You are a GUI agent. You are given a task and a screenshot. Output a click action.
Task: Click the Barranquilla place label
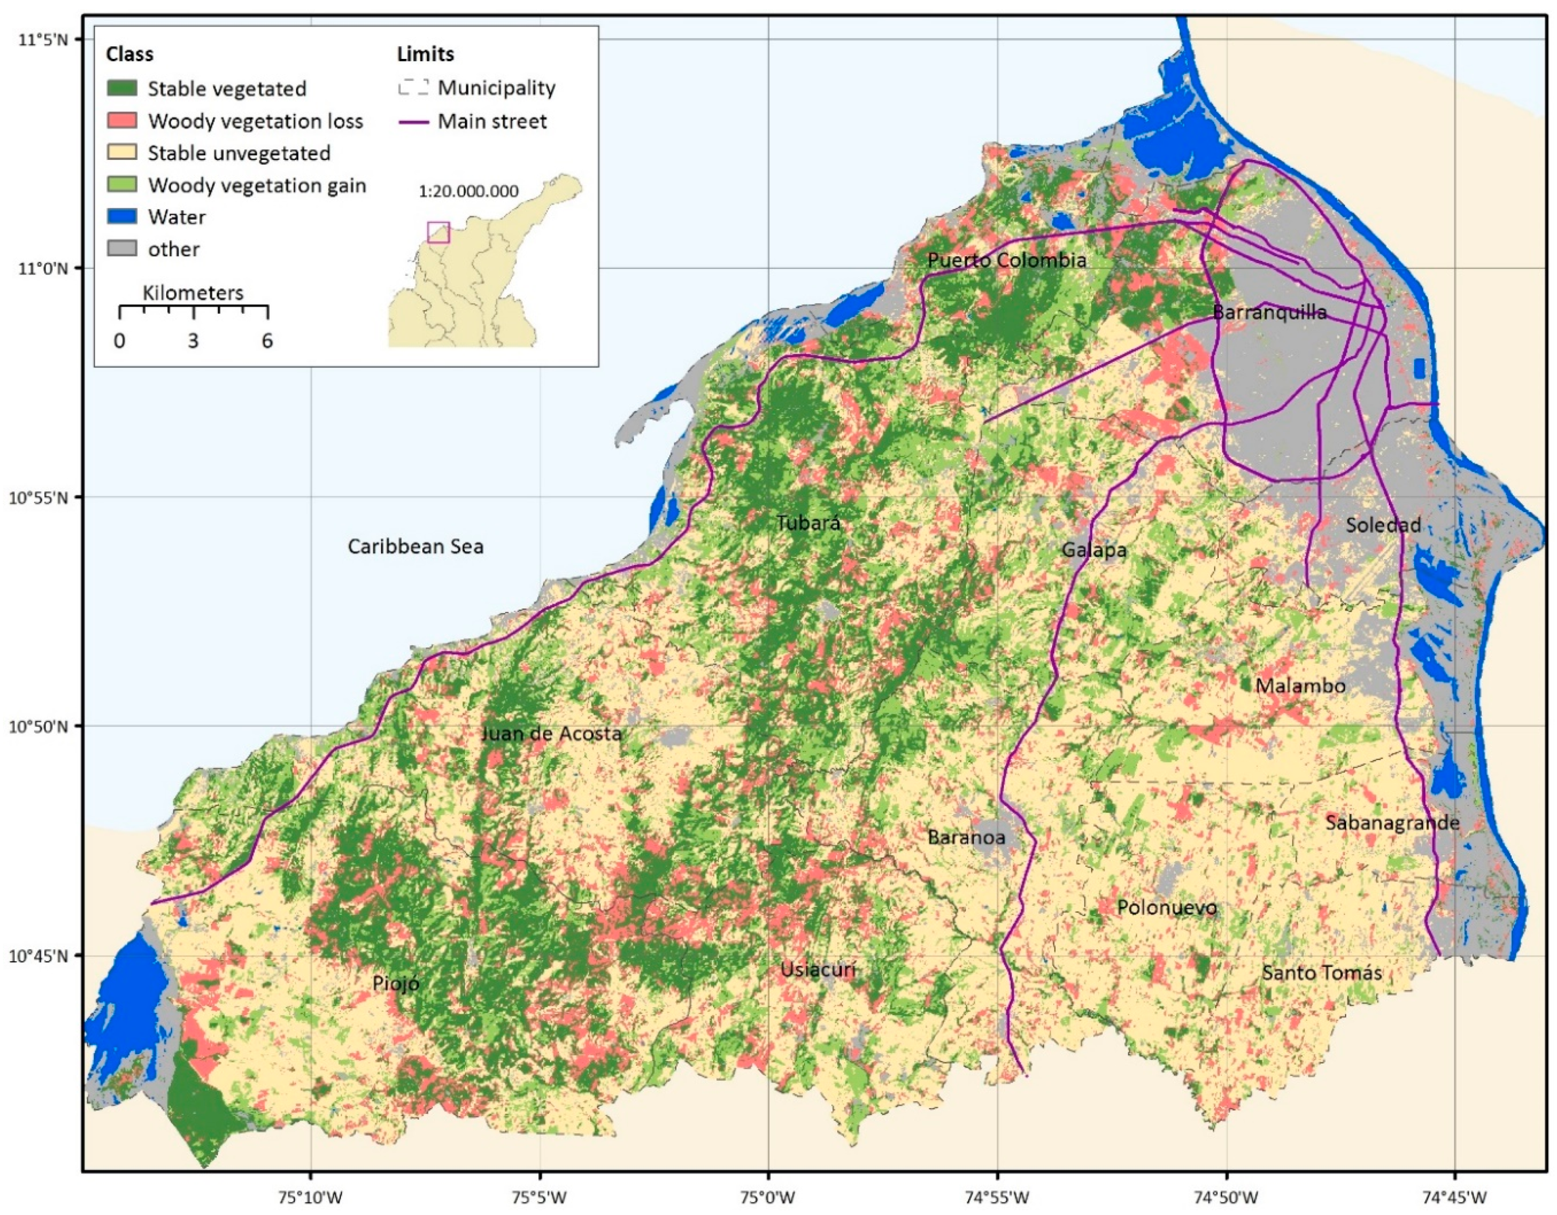coord(1269,312)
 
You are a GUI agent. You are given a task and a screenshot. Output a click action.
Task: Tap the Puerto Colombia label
coord(1006,260)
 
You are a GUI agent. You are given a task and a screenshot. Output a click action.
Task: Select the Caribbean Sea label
coord(415,547)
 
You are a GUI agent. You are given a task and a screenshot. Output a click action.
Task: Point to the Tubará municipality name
coord(808,523)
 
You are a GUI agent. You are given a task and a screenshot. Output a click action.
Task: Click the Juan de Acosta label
coord(551,733)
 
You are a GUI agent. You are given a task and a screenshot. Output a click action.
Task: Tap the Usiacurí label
coord(817,970)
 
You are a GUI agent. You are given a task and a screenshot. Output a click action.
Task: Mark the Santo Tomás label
coord(1322,973)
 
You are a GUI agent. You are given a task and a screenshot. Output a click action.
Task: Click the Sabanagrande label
coord(1392,823)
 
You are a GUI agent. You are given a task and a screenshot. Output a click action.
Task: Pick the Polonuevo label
coord(1167,908)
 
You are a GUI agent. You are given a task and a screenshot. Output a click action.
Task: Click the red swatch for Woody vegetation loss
coord(122,120)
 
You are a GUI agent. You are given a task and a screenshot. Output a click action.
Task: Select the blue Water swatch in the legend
coord(122,217)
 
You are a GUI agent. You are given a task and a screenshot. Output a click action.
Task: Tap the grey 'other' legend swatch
coord(122,249)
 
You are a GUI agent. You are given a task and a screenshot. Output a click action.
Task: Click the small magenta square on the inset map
coord(439,232)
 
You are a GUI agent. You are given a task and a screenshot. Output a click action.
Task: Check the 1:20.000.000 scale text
coord(469,191)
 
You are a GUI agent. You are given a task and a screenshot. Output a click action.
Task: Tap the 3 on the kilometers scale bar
coord(193,341)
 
